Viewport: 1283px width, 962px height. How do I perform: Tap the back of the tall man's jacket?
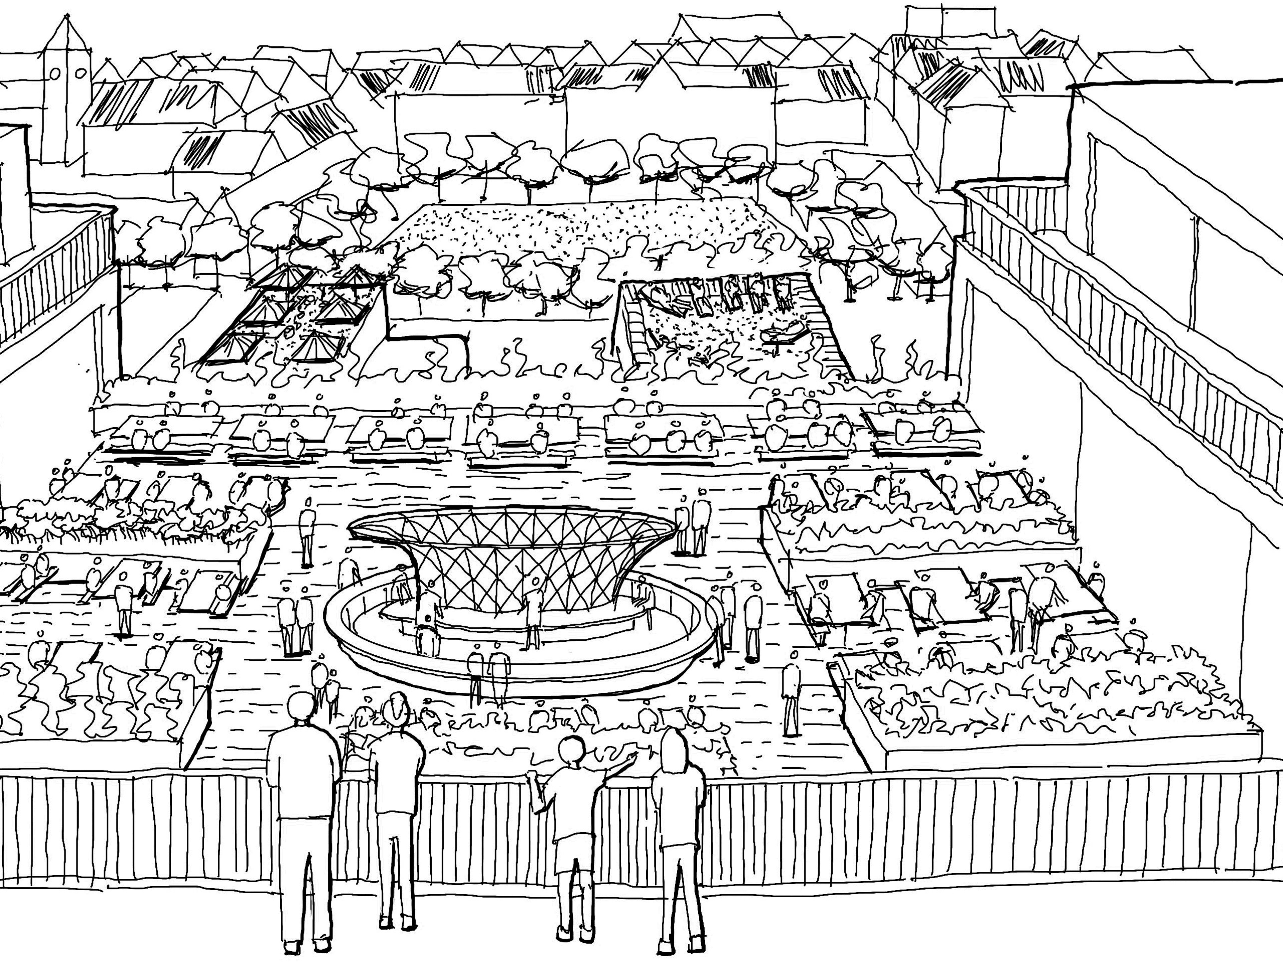pyautogui.click(x=303, y=771)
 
